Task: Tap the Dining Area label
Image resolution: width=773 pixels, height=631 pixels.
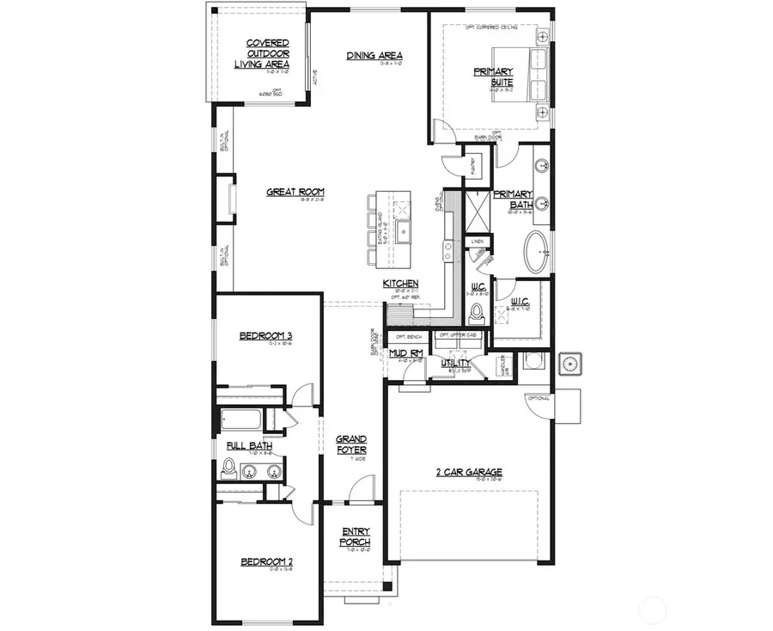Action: [374, 57]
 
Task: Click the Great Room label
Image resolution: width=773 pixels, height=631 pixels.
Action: [295, 192]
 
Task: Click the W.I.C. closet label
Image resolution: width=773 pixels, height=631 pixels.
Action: [519, 301]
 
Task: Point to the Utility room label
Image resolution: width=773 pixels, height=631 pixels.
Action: [453, 364]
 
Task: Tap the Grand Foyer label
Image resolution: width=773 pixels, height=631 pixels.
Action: [351, 444]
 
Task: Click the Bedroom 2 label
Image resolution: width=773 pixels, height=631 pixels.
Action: [266, 562]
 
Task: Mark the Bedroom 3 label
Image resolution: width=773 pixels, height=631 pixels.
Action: [266, 335]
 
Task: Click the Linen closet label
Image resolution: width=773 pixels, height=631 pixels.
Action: [477, 242]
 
